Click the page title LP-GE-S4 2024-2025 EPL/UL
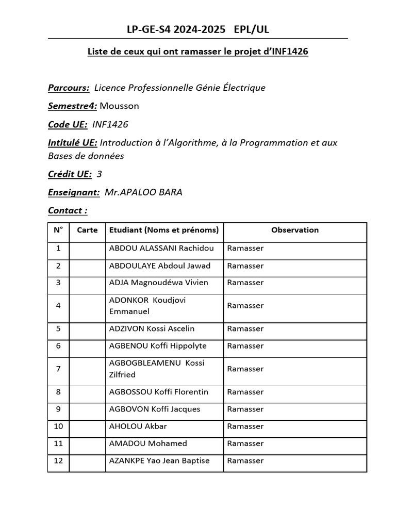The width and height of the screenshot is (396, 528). pos(198,30)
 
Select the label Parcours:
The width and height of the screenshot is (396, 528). pos(69,88)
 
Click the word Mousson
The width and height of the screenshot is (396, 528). pos(119,106)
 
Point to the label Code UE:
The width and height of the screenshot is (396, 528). pos(68,124)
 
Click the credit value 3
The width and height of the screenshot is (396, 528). pos(100,174)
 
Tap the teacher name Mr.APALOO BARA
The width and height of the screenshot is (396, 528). pos(143,192)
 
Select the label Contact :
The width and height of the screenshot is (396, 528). pos(68,210)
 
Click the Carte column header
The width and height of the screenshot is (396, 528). pos(87,230)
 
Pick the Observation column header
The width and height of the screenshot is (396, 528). pos(295,230)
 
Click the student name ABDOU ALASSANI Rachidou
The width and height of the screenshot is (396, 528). pos(161,249)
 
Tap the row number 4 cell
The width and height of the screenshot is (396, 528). pos(58,306)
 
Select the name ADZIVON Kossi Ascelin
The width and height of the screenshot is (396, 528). pos(152,329)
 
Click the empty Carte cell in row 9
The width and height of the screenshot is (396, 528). pos(87,409)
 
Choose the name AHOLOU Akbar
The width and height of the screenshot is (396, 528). pos(138,426)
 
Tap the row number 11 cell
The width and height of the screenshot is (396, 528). pos(58,443)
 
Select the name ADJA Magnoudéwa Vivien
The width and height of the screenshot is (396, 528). pos(159,283)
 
